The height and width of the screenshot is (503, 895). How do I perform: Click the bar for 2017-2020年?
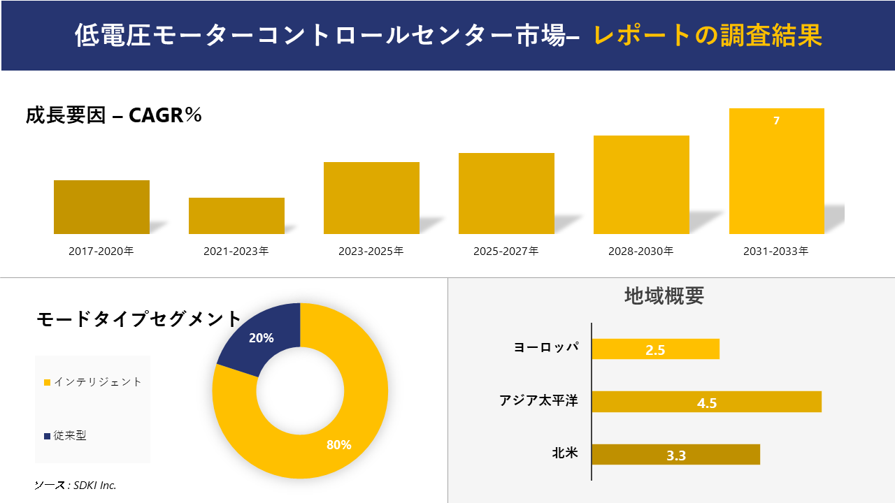pyautogui.click(x=101, y=207)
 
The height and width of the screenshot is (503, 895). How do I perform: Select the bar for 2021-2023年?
pyautogui.click(x=236, y=216)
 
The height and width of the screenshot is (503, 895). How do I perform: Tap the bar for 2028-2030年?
pyautogui.click(x=641, y=184)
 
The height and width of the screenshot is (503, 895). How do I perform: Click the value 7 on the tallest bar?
pyautogui.click(x=776, y=121)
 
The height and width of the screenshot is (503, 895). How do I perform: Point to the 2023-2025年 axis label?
pyautogui.click(x=371, y=251)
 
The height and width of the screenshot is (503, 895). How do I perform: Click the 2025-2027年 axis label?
pyautogui.click(x=506, y=251)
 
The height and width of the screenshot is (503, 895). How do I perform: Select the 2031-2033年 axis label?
pyautogui.click(x=775, y=251)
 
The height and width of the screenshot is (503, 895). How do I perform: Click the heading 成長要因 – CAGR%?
pyautogui.click(x=114, y=115)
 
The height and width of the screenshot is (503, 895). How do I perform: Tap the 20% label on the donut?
pyautogui.click(x=261, y=338)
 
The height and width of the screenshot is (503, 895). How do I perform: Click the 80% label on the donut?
pyautogui.click(x=338, y=445)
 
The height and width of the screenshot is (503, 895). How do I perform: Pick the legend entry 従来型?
pyautogui.click(x=70, y=436)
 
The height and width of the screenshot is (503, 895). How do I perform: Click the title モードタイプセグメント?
pyautogui.click(x=138, y=319)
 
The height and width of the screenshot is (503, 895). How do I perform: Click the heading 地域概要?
pyautogui.click(x=664, y=296)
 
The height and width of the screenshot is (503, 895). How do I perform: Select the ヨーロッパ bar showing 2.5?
pyautogui.click(x=655, y=349)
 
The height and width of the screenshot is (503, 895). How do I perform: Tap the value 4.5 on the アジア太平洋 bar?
pyautogui.click(x=707, y=403)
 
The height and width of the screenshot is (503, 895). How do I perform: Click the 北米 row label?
pyautogui.click(x=564, y=453)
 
